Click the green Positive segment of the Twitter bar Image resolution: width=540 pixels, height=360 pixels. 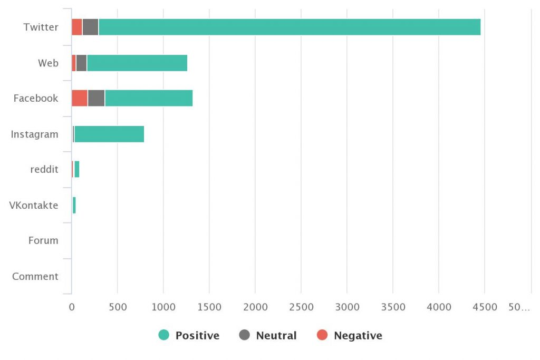[x=289, y=27]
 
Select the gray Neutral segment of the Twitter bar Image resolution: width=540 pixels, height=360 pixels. [x=90, y=27]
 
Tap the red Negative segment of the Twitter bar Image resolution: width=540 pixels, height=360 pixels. [x=77, y=27]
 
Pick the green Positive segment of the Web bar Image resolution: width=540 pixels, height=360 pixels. [x=137, y=63]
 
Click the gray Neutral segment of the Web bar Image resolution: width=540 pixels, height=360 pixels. [x=81, y=63]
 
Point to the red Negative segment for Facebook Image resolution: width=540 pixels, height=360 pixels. [x=80, y=98]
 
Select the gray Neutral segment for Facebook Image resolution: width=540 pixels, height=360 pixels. [x=96, y=98]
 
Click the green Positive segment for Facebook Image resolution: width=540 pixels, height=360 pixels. [x=148, y=98]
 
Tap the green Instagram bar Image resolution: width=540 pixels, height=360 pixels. [x=109, y=134]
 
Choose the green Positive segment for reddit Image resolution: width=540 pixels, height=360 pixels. [x=77, y=169]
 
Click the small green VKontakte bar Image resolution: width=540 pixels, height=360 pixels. [x=74, y=205]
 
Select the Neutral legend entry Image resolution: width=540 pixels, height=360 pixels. [x=268, y=335]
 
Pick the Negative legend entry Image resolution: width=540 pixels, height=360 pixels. [x=350, y=335]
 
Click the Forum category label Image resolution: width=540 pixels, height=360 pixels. [x=43, y=241]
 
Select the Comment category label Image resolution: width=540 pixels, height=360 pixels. [x=35, y=276]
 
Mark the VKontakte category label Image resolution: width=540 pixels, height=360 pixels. [x=34, y=205]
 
